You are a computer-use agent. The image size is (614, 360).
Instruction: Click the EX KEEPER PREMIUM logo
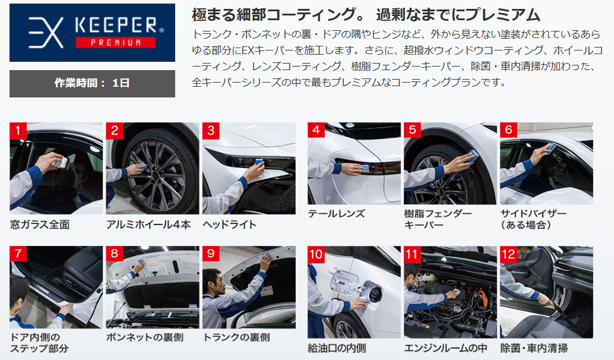click(x=92, y=33)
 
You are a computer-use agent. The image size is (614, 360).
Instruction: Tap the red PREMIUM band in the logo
click(x=116, y=42)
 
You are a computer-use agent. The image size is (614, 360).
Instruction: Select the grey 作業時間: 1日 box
click(x=92, y=83)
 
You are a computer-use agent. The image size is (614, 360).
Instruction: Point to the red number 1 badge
click(x=18, y=131)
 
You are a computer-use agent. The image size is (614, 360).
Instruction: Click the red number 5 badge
click(x=412, y=130)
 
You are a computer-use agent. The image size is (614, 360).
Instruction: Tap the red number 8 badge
click(x=115, y=254)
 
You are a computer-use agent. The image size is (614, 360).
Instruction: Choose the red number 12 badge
click(x=508, y=255)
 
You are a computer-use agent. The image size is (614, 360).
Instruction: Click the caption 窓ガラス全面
click(x=40, y=225)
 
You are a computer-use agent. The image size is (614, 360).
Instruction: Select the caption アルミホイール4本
click(x=148, y=225)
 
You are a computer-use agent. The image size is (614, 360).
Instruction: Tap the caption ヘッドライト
click(x=229, y=225)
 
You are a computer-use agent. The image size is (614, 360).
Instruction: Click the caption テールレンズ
click(x=336, y=213)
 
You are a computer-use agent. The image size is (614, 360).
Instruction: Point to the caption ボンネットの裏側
click(x=145, y=337)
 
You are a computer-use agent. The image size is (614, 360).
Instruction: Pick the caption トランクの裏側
click(x=236, y=337)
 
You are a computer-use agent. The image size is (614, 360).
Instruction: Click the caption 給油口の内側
click(x=337, y=348)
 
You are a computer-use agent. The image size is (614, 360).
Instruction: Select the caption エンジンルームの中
click(x=445, y=348)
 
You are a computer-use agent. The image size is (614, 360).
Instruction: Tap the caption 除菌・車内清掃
click(x=534, y=348)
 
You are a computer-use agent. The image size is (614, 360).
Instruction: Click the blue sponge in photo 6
click(x=551, y=147)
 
